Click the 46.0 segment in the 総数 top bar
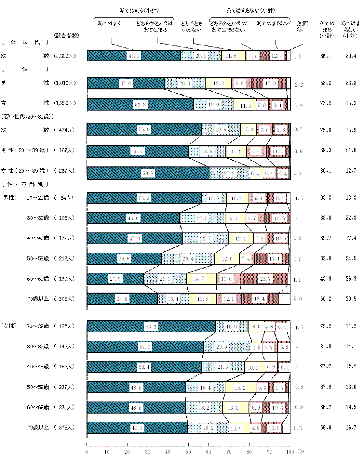point(134,56)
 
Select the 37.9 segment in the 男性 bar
point(126,83)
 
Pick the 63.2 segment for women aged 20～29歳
point(151,326)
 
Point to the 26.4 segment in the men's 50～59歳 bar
point(188,258)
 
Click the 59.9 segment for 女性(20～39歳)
point(148,173)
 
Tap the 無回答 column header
point(300,26)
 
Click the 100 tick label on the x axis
point(290,451)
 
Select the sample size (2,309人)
point(65,56)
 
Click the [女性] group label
point(8,326)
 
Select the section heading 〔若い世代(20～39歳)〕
point(27,116)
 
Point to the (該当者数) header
point(67,35)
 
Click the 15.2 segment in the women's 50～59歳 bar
point(240,387)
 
